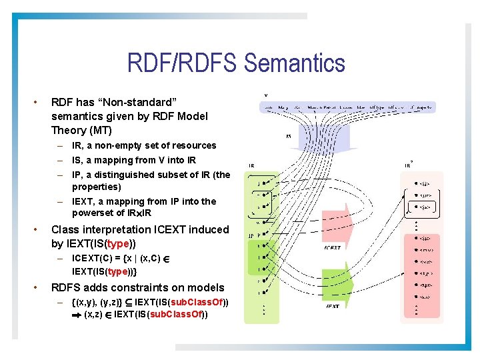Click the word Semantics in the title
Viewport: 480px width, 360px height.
pos(295,64)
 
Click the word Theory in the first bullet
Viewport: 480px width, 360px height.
pos(67,130)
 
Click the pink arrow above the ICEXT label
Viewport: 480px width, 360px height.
pos(333,227)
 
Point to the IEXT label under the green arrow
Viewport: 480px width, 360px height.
pos(333,307)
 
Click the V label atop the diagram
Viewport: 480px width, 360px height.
pos(266,95)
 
